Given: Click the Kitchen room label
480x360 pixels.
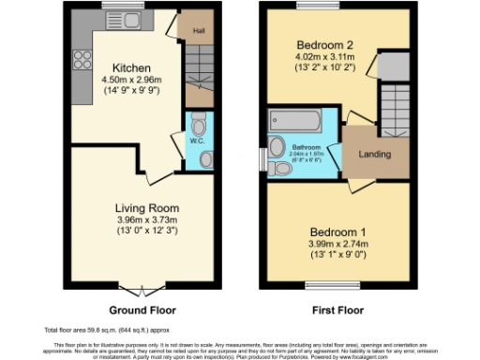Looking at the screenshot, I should (x=128, y=68).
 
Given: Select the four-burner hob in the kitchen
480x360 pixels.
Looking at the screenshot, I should (x=79, y=58).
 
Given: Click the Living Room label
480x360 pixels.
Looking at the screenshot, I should (x=147, y=207).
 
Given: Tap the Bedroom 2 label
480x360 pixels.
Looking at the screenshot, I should (x=323, y=45).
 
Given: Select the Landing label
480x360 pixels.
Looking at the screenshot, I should (x=375, y=155).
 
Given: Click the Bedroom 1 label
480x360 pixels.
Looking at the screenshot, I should (x=338, y=231).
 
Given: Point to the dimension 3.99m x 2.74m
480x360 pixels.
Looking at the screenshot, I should (x=338, y=243).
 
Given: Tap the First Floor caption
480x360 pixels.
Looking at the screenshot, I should (x=337, y=309).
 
